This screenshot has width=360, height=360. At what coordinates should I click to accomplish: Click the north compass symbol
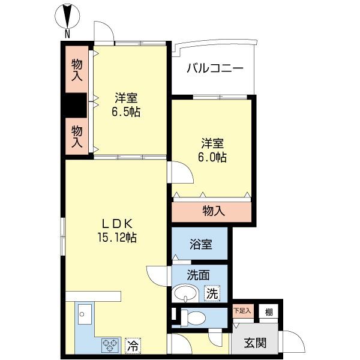point(67,16)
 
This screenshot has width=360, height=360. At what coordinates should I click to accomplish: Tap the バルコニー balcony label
point(214,68)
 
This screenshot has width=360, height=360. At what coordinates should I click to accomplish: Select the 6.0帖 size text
point(213,157)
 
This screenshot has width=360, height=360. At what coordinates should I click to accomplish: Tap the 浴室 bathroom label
point(200,244)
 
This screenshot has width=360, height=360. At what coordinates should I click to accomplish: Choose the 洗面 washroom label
point(198,277)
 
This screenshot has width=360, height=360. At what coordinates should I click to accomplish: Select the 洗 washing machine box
point(212,294)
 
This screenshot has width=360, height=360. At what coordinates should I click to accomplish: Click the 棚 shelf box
point(269,311)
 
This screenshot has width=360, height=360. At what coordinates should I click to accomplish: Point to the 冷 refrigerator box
point(132,346)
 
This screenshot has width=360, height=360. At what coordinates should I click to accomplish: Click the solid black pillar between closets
point(76,106)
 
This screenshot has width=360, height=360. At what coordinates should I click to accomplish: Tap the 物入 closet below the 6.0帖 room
point(213,211)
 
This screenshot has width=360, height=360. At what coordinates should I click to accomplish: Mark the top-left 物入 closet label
point(76,70)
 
